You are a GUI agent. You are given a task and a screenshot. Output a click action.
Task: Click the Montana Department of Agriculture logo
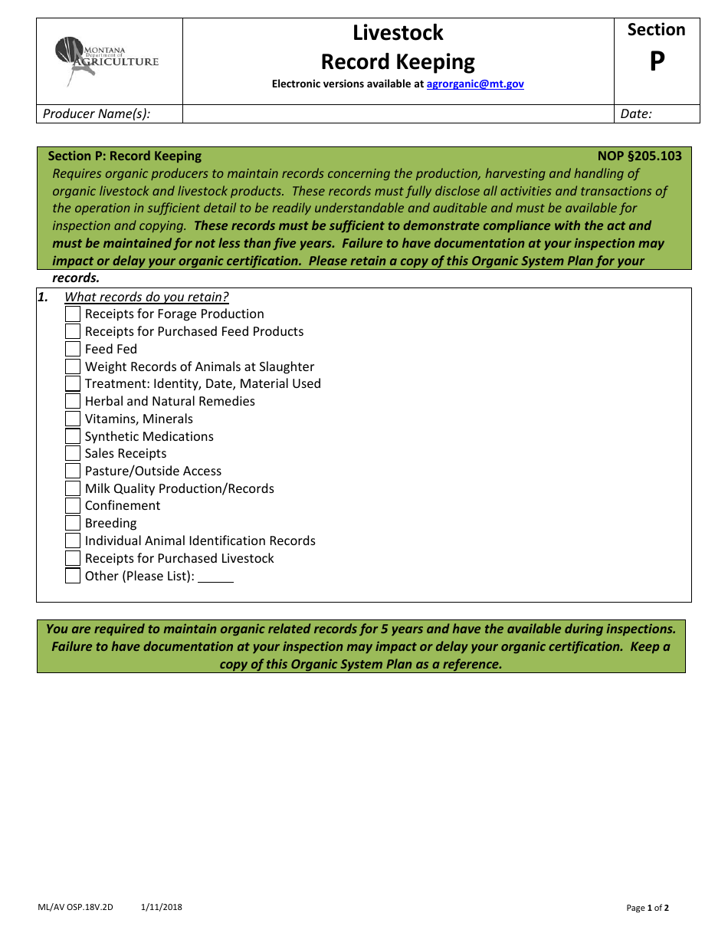[107, 61]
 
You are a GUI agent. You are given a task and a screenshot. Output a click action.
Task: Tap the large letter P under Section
[657, 62]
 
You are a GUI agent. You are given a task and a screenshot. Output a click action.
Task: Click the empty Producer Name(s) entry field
[398, 114]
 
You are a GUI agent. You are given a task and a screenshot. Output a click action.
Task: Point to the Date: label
[636, 114]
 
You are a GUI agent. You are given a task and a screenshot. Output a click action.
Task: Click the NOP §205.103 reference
[639, 156]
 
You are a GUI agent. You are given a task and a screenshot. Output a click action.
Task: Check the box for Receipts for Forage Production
[73, 314]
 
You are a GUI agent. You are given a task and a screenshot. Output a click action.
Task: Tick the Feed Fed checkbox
[73, 349]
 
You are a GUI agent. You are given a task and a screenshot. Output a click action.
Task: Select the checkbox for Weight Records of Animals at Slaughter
[73, 366]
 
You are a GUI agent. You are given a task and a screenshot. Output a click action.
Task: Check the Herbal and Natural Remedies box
[73, 401]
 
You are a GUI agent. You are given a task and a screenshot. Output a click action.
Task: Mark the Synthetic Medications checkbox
[73, 436]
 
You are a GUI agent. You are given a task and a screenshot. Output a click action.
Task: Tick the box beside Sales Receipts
[73, 453]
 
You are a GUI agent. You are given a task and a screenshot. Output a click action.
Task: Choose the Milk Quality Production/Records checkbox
[73, 488]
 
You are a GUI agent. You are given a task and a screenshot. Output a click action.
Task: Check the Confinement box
[73, 506]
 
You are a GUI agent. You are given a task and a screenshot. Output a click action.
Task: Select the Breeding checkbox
[73, 524]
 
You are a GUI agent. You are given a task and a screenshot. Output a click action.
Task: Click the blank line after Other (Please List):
[215, 577]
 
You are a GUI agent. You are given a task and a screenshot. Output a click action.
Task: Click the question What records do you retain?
[146, 297]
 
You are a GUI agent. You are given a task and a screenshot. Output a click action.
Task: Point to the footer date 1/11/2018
[162, 908]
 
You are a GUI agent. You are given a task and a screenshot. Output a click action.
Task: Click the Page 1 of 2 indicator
[648, 909]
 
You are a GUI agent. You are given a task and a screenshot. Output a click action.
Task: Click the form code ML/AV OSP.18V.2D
[75, 908]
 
